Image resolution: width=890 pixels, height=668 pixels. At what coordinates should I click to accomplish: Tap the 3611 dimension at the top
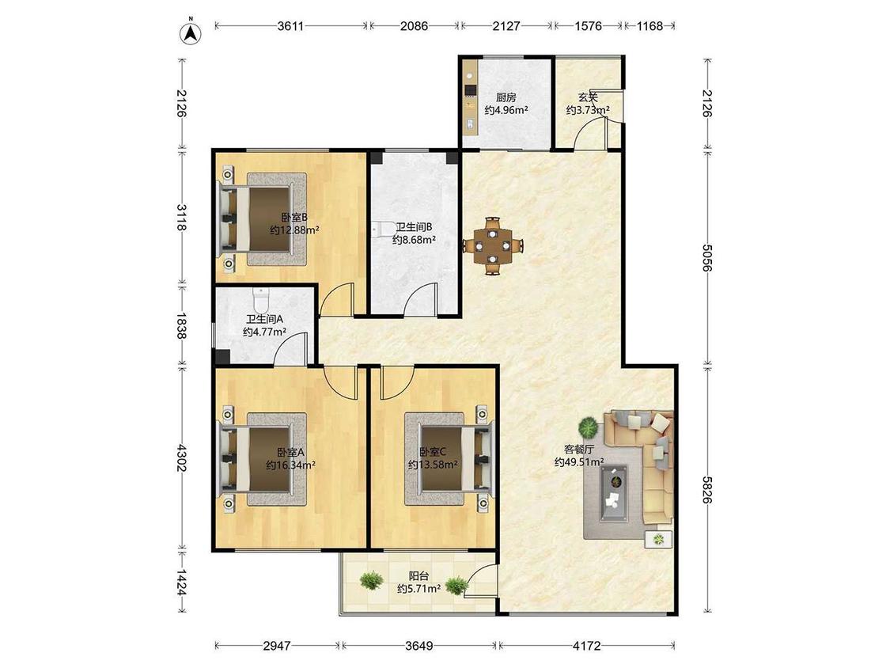290,26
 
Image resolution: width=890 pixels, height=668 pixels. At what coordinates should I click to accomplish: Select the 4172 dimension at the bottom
587,646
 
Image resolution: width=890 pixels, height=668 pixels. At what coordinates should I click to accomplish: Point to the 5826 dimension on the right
706,489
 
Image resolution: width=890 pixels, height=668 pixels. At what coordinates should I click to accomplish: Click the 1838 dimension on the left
181,325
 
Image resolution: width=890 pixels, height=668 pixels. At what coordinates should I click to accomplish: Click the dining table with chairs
493,246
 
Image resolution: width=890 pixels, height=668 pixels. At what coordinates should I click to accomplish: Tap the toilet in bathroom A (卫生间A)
260,299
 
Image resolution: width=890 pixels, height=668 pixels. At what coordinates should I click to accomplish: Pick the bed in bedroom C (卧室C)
449,458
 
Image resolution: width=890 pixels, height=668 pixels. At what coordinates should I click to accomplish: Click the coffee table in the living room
614,492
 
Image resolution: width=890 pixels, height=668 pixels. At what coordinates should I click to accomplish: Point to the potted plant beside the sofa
589,426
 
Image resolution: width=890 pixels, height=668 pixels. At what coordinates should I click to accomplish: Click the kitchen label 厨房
506,97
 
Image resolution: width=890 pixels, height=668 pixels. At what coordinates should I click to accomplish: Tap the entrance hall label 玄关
588,97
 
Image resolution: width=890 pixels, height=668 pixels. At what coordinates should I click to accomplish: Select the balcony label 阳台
418,576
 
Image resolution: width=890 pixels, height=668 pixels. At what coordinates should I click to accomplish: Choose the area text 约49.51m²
579,462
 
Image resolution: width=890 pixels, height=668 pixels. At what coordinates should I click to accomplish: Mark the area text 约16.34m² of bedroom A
290,465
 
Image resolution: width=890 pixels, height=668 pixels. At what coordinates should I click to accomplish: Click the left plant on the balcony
371,580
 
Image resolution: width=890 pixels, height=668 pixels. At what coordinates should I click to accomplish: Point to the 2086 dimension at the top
415,26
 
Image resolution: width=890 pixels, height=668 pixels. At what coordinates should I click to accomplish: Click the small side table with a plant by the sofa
658,539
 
